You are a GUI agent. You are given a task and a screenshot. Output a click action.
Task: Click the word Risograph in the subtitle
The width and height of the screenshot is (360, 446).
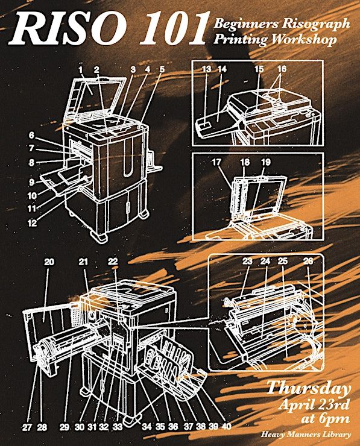[x=316, y=24]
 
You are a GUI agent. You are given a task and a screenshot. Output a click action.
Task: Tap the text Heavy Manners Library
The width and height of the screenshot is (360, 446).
[x=306, y=435]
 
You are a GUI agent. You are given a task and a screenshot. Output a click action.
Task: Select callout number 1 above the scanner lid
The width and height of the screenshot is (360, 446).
[x=81, y=69]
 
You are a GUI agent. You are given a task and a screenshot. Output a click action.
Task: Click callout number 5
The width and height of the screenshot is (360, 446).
[x=162, y=69]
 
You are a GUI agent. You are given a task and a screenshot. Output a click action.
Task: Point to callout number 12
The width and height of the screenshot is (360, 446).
[x=32, y=223]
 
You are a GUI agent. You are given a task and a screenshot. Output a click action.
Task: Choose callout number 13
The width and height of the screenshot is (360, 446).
[x=207, y=69]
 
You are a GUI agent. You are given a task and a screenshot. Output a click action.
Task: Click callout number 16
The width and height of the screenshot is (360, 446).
[x=282, y=69]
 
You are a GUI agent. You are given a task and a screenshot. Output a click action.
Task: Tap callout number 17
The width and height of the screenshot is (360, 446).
[x=216, y=162]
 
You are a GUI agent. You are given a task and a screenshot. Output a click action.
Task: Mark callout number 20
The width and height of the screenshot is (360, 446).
[x=49, y=262]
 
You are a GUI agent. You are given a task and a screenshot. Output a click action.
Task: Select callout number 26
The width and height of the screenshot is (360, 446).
[x=308, y=261]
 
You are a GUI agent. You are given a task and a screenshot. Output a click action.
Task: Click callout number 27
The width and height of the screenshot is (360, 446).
[x=27, y=427]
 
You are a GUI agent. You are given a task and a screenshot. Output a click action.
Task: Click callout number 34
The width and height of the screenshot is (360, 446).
[x=147, y=427]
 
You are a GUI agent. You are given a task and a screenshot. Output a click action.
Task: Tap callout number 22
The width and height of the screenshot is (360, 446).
[x=113, y=262]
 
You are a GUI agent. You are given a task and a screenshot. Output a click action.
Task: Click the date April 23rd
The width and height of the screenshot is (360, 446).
[x=314, y=404]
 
